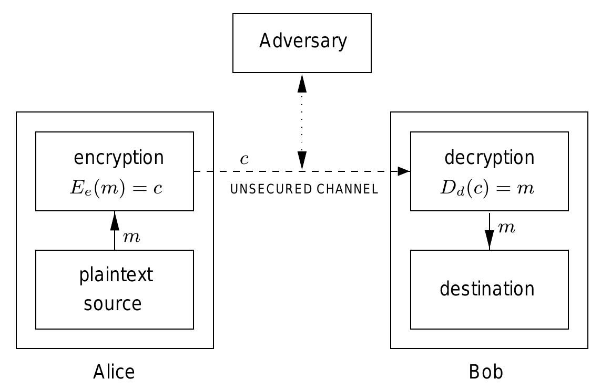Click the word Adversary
coord(303,41)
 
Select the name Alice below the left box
coord(114,372)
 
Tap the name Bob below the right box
coord(486,372)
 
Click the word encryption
coord(119,158)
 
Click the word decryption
coord(489,158)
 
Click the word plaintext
coord(116,275)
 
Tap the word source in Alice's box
coord(113,304)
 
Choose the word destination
coord(487,289)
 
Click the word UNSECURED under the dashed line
coord(271,189)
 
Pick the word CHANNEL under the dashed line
coord(348,189)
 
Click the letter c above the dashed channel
coord(244,159)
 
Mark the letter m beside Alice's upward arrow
coord(131,237)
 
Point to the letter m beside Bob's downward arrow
coord(506,227)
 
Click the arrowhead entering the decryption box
coord(404,171)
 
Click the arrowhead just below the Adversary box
coord(302,83)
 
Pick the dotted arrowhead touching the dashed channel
coord(302,161)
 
